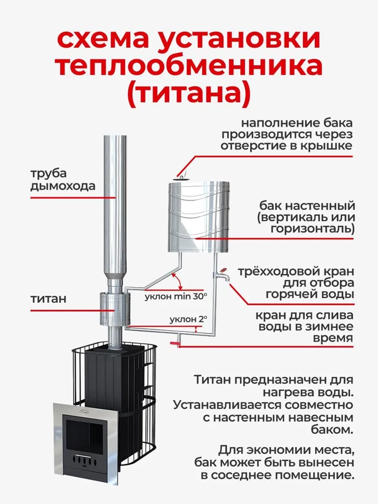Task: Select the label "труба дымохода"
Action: tap(62, 180)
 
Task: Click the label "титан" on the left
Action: tap(48, 299)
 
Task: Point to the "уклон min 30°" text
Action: tap(176, 296)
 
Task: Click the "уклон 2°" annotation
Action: tap(188, 319)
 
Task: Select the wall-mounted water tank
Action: tap(198, 217)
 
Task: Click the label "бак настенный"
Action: tap(307, 206)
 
